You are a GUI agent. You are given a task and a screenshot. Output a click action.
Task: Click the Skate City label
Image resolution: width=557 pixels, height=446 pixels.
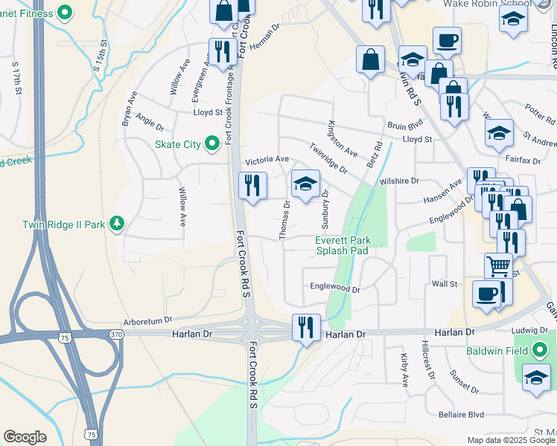[178, 144]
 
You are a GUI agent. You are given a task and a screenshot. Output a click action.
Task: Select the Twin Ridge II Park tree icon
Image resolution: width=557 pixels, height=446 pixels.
[116, 222]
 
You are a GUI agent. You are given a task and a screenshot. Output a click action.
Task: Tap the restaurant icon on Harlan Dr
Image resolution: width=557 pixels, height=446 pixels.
[305, 327]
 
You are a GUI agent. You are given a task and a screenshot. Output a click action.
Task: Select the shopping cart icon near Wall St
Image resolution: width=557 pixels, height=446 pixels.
[498, 265]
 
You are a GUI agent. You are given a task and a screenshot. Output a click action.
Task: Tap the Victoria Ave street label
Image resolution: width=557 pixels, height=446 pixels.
[267, 160]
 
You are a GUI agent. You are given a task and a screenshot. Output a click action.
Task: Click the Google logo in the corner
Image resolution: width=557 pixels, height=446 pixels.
[25, 437]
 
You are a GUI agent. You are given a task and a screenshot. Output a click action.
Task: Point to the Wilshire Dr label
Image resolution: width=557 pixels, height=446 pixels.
[399, 181]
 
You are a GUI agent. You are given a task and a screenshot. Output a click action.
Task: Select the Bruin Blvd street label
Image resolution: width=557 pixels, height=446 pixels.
[405, 126]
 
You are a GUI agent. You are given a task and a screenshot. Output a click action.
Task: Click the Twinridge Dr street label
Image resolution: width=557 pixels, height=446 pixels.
[328, 158]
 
